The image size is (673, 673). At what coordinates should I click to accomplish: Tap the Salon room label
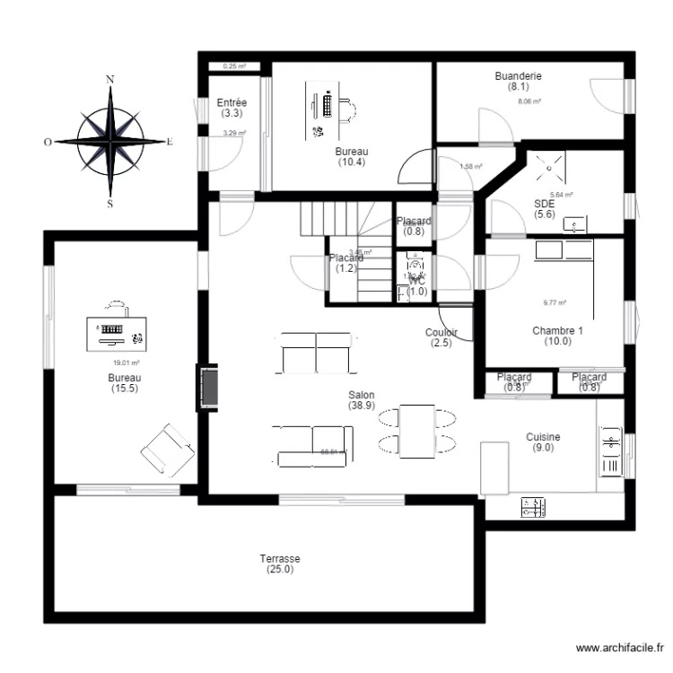(362, 399)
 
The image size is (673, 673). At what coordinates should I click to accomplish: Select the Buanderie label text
(518, 82)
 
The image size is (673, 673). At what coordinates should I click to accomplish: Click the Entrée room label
(232, 109)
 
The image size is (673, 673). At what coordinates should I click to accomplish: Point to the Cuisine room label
(543, 441)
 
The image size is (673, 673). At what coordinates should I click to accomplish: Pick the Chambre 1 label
(557, 336)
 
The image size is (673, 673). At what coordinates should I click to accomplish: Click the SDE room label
(545, 208)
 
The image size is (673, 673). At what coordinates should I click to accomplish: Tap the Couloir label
(441, 337)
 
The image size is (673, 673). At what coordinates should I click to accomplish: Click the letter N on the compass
(110, 80)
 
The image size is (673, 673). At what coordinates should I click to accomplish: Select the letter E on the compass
(170, 142)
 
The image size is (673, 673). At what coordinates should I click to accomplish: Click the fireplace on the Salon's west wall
(208, 387)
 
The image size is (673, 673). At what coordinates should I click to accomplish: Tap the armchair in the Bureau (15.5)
(167, 450)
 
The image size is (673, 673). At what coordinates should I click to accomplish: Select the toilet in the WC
(415, 265)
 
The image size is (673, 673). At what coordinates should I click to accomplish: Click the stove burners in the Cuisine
(532, 508)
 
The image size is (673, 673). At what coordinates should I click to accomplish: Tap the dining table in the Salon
(417, 431)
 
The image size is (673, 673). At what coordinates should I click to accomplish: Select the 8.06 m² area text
(529, 102)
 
